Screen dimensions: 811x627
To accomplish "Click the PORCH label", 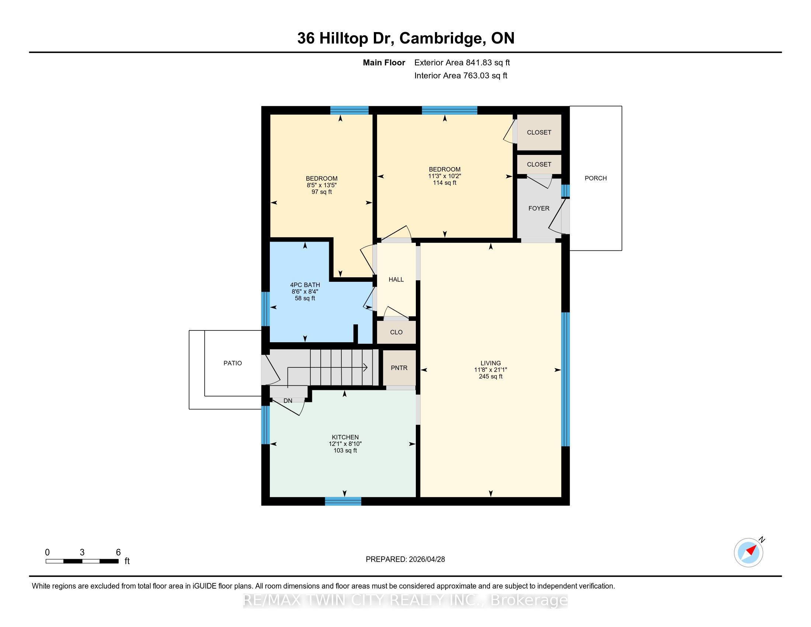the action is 596,178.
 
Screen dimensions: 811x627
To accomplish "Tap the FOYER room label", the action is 539,208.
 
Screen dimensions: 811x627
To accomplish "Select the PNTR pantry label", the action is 399,368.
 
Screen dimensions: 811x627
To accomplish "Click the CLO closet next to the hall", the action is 396,332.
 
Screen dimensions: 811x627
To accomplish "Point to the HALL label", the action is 396,279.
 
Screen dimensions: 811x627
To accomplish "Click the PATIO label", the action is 233,363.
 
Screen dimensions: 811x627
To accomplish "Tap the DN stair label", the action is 288,401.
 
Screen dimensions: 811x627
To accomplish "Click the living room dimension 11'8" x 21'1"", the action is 491,370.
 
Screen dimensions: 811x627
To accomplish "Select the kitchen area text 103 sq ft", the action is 345,451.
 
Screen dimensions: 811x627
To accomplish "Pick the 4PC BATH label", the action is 305,285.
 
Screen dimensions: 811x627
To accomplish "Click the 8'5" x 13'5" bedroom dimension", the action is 321,185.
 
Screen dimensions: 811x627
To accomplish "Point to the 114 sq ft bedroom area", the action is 445,183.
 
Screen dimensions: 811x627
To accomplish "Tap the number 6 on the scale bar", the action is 118,552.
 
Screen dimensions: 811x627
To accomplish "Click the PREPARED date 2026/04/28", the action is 426,560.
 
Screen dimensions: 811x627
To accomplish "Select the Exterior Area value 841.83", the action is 477,63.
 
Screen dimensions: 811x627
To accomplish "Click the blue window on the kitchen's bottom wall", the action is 343,501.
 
